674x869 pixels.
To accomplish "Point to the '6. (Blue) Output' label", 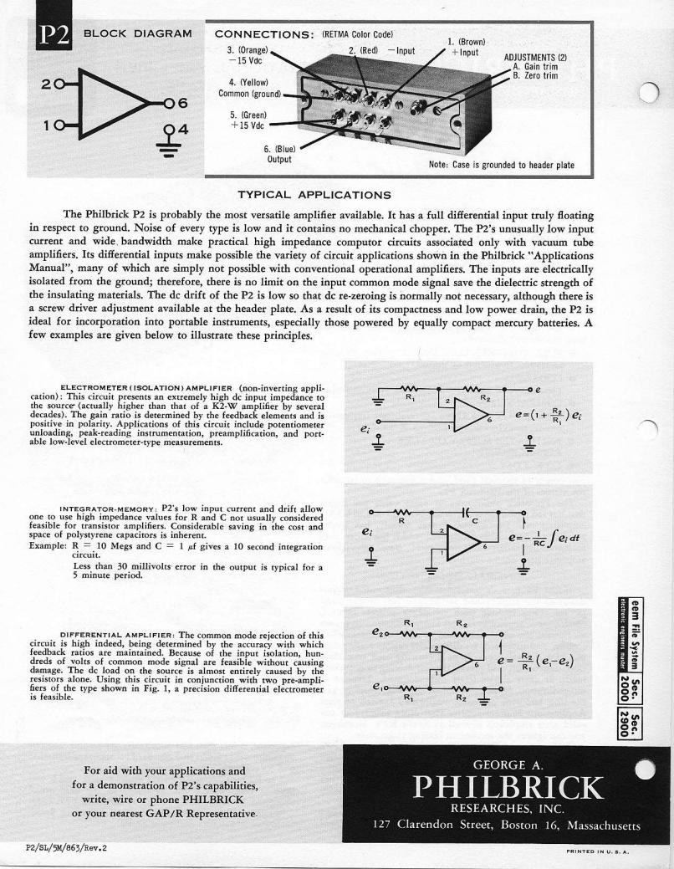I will [278, 154].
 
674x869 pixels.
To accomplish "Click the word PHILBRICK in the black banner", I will [507, 788].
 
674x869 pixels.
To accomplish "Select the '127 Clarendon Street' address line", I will [507, 826].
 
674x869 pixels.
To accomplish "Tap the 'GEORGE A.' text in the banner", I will [507, 764].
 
